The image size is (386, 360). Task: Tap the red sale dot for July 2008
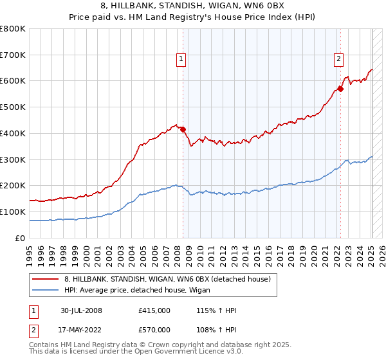point(183,129)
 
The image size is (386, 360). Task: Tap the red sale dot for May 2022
point(340,89)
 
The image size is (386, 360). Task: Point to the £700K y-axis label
point(13,55)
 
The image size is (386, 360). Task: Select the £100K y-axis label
point(13,212)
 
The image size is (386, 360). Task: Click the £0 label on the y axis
point(20,238)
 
